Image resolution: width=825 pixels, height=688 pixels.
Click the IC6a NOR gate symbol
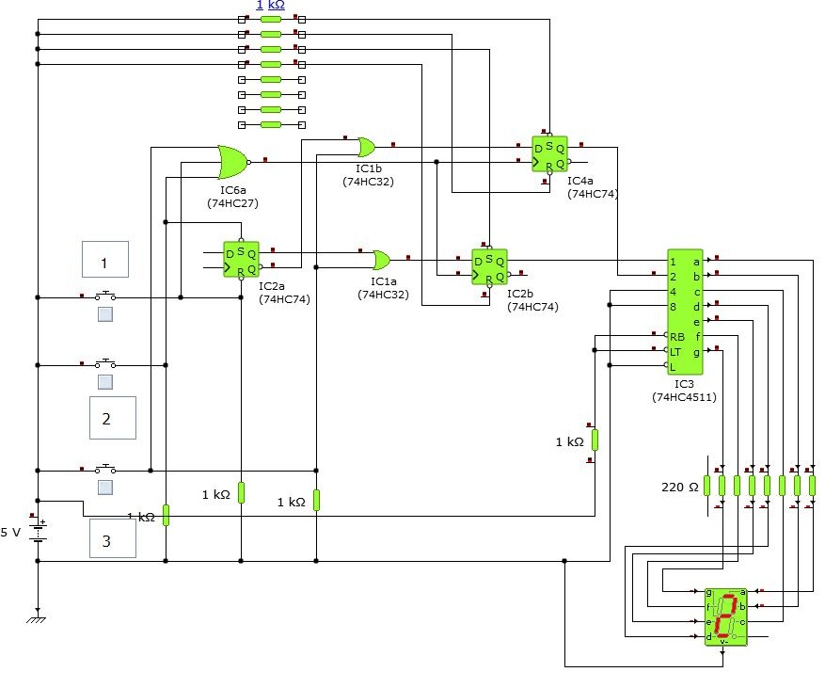pos(231,162)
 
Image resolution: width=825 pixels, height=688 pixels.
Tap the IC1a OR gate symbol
pos(381,259)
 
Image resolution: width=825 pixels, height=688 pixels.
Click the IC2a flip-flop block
pos(240,260)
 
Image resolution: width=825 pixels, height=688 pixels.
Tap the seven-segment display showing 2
pos(724,616)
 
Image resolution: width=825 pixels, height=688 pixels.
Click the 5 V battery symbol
pos(39,532)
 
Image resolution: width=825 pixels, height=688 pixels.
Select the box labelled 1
pos(104,264)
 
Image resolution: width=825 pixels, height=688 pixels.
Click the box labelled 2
pos(112,418)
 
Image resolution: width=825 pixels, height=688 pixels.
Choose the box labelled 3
pos(112,540)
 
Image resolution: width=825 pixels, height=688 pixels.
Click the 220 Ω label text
pos(680,487)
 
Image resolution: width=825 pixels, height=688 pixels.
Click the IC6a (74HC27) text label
pos(232,196)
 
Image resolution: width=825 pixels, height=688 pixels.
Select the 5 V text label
pos(10,532)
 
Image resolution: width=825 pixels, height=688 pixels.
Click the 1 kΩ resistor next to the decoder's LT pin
pos(595,440)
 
